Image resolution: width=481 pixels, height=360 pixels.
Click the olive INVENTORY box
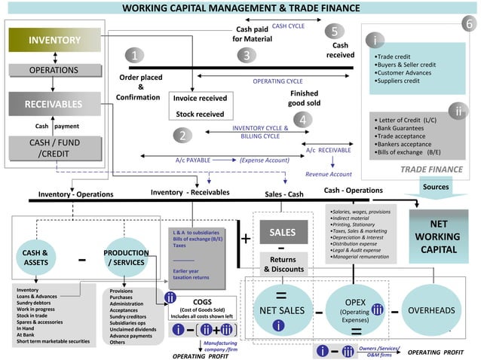tap(54, 40)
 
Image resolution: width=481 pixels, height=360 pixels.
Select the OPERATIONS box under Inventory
tap(54, 70)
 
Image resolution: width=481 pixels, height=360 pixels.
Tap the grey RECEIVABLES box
tap(54, 104)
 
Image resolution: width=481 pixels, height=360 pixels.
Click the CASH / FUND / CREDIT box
tap(54, 148)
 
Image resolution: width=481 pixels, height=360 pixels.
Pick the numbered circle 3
tap(246, 56)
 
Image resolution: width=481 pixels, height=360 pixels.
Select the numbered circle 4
tap(302, 120)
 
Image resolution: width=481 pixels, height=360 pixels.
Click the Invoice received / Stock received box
tap(200, 106)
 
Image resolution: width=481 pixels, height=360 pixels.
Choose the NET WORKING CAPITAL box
tap(438, 236)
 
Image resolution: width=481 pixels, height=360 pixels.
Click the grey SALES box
tap(277, 233)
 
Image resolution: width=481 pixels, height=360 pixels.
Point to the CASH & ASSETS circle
tap(35, 257)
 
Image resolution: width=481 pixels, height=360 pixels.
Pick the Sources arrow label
tap(436, 187)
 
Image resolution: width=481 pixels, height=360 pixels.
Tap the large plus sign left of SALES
tap(246, 239)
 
